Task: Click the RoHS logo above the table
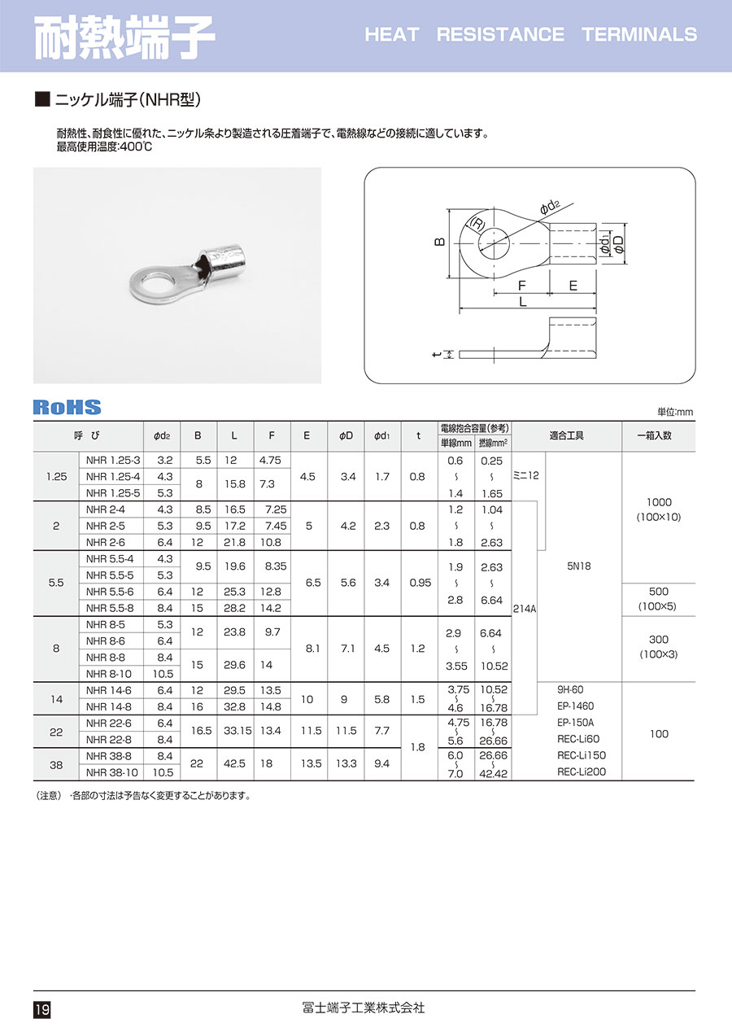[68, 408]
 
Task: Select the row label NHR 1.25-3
[113, 460]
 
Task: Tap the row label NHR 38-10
[113, 772]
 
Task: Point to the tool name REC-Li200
[582, 772]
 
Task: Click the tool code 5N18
[579, 566]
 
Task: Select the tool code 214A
[524, 607]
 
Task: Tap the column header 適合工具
[567, 435]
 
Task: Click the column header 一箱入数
[659, 435]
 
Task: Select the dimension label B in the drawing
[439, 243]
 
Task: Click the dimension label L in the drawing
[523, 300]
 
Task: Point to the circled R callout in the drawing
[477, 225]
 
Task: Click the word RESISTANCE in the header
[500, 34]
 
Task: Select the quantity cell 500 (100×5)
[659, 599]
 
